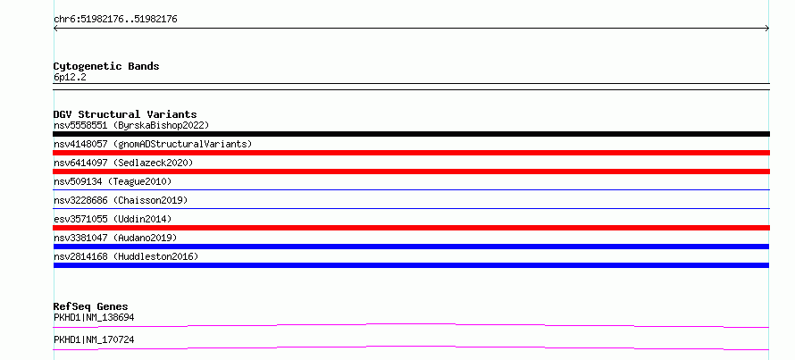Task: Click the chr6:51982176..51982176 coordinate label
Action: pos(115,20)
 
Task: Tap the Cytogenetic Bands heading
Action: pos(106,66)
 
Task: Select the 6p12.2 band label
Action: pos(70,77)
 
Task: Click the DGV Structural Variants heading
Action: pos(125,114)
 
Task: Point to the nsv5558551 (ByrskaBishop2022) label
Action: pos(131,125)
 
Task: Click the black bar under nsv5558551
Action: pos(411,134)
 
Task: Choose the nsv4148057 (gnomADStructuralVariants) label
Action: pos(153,144)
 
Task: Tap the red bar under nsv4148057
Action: pos(411,153)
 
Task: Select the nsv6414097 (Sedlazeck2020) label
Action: pos(123,163)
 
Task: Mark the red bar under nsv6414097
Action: pos(411,172)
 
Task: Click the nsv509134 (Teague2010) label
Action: pos(113,181)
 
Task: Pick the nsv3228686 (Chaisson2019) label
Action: pos(121,200)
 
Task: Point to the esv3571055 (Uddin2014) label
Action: pos(113,219)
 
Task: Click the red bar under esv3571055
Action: pos(411,228)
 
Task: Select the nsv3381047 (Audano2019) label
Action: pos(115,238)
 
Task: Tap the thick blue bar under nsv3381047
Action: pos(411,247)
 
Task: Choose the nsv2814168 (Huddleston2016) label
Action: pos(126,256)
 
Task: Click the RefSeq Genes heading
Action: pos(91,306)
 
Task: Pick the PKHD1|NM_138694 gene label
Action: pos(94,317)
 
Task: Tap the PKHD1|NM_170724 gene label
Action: pos(94,339)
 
